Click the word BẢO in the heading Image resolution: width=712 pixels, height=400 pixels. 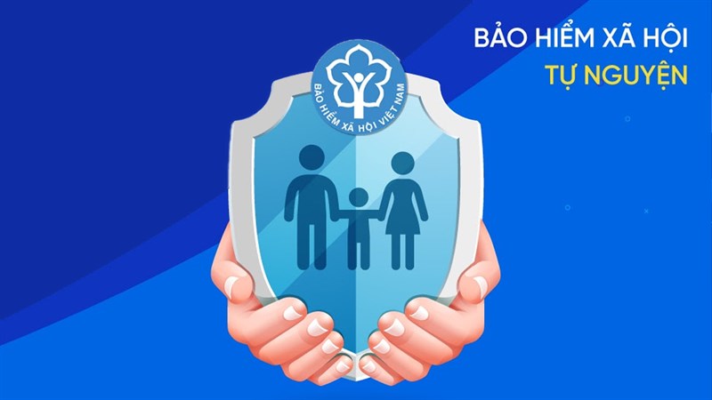pos(495,40)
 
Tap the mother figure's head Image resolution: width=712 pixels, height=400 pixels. pos(403,164)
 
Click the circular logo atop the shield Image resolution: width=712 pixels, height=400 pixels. pos(357,81)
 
